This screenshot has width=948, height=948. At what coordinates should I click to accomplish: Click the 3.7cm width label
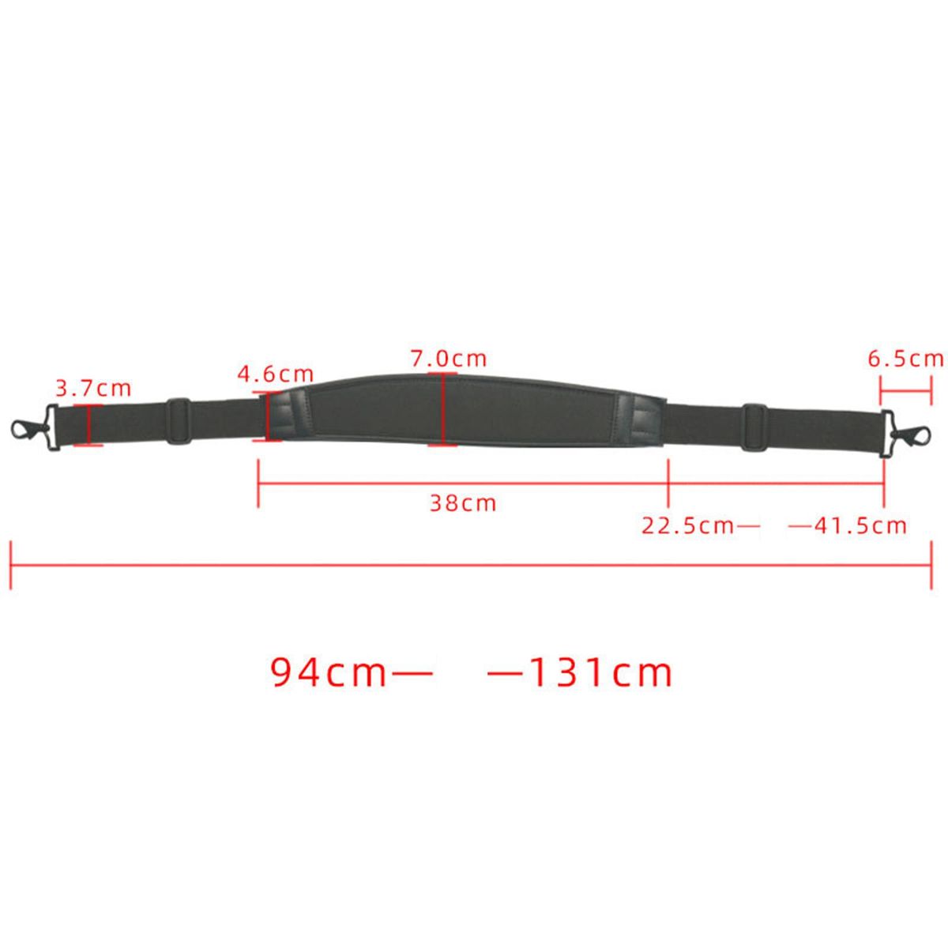click(x=93, y=389)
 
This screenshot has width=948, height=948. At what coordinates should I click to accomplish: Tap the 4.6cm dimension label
click(x=276, y=374)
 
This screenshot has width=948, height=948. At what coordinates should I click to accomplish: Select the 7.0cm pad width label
click(x=449, y=359)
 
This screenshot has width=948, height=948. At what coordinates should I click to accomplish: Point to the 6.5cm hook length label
click(x=905, y=359)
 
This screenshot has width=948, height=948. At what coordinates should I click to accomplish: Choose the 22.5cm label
click(x=687, y=526)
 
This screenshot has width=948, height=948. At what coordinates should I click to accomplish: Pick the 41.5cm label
click(x=860, y=526)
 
